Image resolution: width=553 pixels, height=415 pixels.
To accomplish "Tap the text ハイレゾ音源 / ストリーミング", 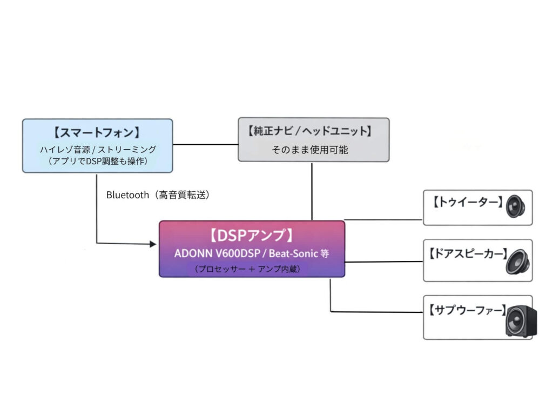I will coord(98,149).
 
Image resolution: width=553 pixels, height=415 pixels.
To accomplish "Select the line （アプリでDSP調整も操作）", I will coord(98,160).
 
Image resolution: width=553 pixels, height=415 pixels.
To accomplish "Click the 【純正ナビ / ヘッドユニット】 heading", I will coord(313,131).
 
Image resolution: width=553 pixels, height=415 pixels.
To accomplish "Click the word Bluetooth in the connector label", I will coord(127,195).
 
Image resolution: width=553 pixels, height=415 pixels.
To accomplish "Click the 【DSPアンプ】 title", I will coord(252,236).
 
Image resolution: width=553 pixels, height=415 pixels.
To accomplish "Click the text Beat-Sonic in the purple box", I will coord(292,253).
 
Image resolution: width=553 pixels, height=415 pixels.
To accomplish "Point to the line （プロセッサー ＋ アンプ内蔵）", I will coord(252,269).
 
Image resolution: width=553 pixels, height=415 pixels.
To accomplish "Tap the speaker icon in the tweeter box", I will coord(516,206).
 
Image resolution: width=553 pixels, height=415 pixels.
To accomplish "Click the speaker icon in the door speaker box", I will coord(517,261).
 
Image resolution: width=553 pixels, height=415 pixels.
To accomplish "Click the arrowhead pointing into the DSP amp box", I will coord(153,244).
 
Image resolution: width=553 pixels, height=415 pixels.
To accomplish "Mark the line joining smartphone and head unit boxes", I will coord(205,144).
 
